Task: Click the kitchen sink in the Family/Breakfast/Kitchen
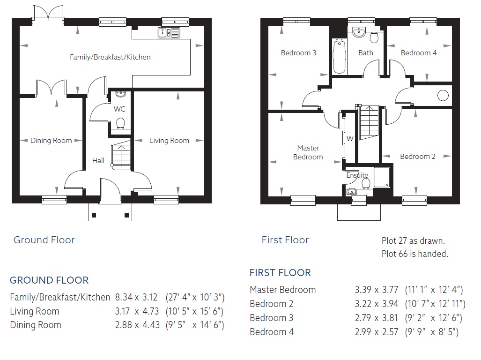(x=169, y=32)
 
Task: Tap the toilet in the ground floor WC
(x=120, y=123)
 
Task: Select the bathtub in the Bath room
(x=339, y=56)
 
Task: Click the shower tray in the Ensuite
(x=382, y=177)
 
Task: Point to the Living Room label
(x=169, y=141)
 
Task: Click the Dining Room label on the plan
(x=51, y=141)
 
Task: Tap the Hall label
(x=98, y=160)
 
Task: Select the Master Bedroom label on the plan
(x=308, y=152)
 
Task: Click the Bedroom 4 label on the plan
(x=418, y=53)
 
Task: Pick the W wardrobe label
(x=350, y=138)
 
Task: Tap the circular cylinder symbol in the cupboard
(x=443, y=96)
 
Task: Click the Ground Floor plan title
(x=44, y=240)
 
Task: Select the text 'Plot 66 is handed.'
(x=415, y=254)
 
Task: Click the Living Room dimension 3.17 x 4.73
(x=137, y=311)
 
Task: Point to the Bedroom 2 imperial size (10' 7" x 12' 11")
(x=435, y=304)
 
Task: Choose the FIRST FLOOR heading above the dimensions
(x=280, y=272)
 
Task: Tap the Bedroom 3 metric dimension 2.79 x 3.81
(x=377, y=318)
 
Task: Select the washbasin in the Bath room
(x=359, y=32)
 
